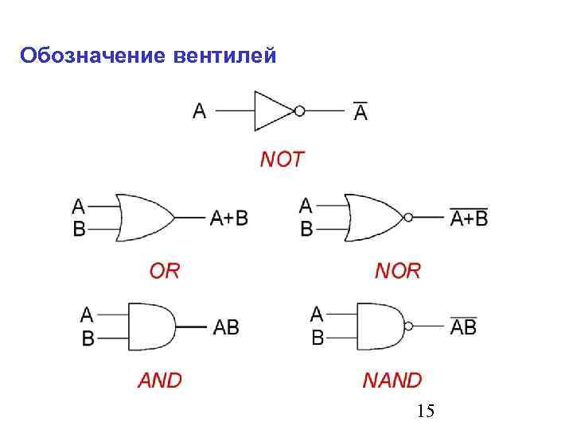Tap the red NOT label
pyautogui.click(x=282, y=160)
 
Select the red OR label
pyautogui.click(x=165, y=271)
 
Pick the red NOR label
pyautogui.click(x=397, y=271)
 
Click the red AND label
pyautogui.click(x=160, y=381)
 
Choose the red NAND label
pyautogui.click(x=392, y=381)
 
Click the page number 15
pyautogui.click(x=425, y=411)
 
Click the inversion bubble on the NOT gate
pyautogui.click(x=299, y=111)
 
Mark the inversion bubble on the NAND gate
pyautogui.click(x=409, y=326)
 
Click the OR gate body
pyautogui.click(x=143, y=217)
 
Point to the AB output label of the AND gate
pyautogui.click(x=226, y=327)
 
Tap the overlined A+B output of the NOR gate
pyautogui.click(x=469, y=217)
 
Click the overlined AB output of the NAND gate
pyautogui.click(x=463, y=326)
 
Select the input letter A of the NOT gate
pyautogui.click(x=199, y=111)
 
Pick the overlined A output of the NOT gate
pyautogui.click(x=361, y=112)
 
